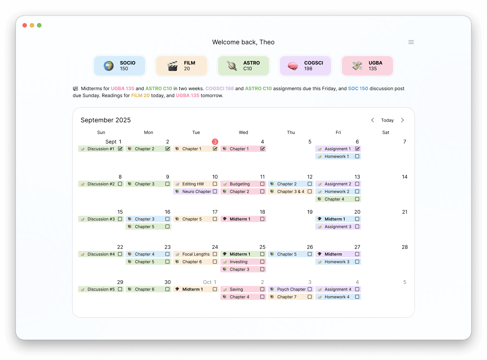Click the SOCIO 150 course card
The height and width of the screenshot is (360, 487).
[x=120, y=66]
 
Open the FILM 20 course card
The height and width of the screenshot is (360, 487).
[x=182, y=66]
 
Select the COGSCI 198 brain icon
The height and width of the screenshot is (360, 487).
[x=293, y=66]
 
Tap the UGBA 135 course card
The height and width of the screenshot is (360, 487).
[x=367, y=66]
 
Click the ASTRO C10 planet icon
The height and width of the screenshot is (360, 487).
[x=232, y=66]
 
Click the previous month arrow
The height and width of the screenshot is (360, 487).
[x=373, y=120]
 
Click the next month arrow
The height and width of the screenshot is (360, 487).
[x=403, y=120]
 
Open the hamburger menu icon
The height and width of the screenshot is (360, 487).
[x=411, y=42]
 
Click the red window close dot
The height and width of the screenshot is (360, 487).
[x=25, y=25]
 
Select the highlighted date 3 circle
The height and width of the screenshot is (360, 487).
[x=215, y=142]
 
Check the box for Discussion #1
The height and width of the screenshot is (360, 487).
[x=120, y=149]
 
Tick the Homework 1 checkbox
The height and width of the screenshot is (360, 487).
[x=357, y=156]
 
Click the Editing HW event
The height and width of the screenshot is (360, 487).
[x=193, y=184]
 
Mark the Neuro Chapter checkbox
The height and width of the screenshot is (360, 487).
[x=215, y=191]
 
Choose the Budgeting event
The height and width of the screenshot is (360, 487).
[x=240, y=184]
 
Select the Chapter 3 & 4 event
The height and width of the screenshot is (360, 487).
[x=290, y=191]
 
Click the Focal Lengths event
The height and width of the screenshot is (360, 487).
[x=196, y=254]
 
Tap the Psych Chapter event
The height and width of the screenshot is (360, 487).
[x=291, y=289]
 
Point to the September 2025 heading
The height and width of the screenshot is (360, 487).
[x=106, y=120]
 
